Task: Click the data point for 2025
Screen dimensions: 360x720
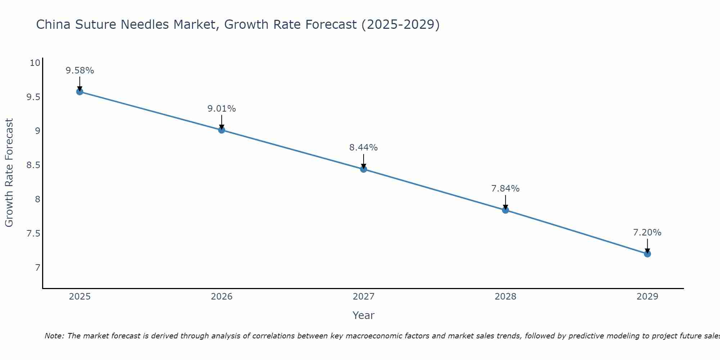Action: (x=80, y=91)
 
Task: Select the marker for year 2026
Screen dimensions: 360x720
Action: (x=221, y=130)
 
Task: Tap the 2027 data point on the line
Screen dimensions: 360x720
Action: (x=363, y=169)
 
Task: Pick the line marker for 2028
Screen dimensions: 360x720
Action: (x=505, y=210)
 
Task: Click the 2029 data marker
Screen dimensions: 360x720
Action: (x=647, y=254)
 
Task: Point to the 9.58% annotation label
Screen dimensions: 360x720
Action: (x=80, y=71)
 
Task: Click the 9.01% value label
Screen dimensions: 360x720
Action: (x=221, y=109)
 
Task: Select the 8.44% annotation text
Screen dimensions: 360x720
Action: (x=363, y=148)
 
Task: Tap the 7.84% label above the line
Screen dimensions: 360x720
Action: (x=505, y=189)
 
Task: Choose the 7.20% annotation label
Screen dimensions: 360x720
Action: (x=647, y=233)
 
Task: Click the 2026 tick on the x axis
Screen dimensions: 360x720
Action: (x=221, y=297)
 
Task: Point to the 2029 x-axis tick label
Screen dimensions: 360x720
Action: (x=647, y=297)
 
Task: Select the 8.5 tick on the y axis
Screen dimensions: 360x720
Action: (x=33, y=165)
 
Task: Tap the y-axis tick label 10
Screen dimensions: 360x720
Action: (x=35, y=63)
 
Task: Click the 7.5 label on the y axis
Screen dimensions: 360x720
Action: (x=33, y=234)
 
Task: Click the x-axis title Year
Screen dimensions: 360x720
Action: (x=363, y=315)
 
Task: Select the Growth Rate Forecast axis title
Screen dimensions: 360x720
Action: (x=9, y=172)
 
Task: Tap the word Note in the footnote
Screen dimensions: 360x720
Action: (x=54, y=336)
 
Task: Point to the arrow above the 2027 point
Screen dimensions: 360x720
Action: (x=363, y=161)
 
